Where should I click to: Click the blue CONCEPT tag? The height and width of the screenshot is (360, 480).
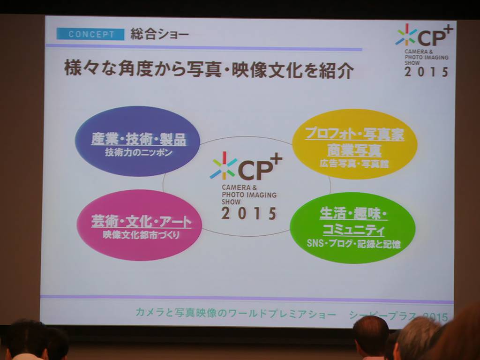[x=90, y=34]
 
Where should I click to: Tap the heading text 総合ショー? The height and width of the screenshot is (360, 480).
[x=159, y=34]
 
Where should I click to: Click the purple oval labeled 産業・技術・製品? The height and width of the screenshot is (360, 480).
[x=137, y=141]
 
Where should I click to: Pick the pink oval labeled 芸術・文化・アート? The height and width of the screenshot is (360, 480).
[x=139, y=225]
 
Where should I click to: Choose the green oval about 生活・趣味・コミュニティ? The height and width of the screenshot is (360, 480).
[x=352, y=228]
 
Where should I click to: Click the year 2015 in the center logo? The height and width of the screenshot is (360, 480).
[x=249, y=213]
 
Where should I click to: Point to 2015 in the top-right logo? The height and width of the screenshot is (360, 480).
[x=427, y=72]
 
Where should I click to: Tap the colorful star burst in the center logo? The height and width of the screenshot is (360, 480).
[x=224, y=166]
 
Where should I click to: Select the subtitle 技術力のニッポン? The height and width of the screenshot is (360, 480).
[x=139, y=152]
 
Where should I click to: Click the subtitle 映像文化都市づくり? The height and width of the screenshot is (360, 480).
[x=141, y=235]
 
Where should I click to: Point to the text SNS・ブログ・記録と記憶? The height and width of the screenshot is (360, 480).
[x=353, y=244]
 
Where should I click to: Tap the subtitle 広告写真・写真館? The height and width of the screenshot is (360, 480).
[x=354, y=164]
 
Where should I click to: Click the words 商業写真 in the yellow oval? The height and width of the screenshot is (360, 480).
[x=354, y=150]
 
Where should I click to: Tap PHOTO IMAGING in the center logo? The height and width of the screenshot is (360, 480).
[x=249, y=195]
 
